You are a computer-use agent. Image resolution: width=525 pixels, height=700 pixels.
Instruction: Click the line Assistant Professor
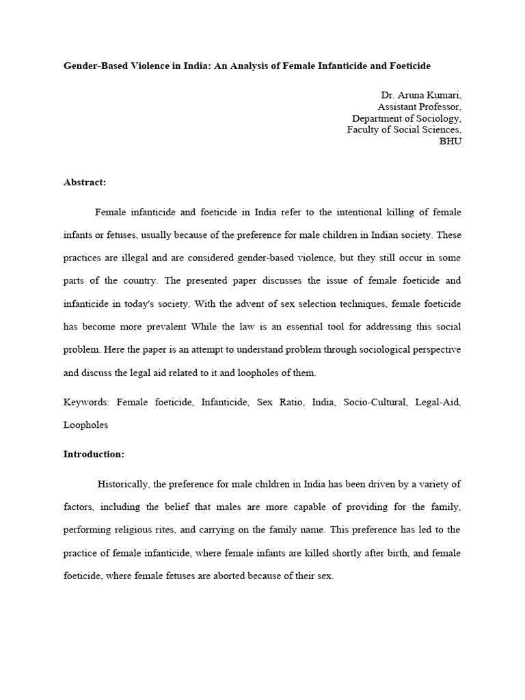pyautogui.click(x=419, y=107)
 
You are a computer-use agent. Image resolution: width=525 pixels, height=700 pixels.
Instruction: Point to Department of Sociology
pyautogui.click(x=406, y=118)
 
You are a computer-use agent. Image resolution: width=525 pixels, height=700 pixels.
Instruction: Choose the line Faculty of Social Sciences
pyautogui.click(x=403, y=129)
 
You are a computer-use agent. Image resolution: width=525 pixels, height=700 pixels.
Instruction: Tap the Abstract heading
pyautogui.click(x=85, y=183)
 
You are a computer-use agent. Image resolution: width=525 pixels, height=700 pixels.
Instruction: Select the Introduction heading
pyautogui.click(x=94, y=454)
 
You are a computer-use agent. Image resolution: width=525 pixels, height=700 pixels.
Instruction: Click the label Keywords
pyautogui.click(x=87, y=401)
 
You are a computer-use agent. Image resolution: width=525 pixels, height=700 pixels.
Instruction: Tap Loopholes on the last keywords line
pyautogui.click(x=85, y=425)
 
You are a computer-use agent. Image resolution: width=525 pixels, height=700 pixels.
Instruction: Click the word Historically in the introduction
pyautogui.click(x=122, y=484)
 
